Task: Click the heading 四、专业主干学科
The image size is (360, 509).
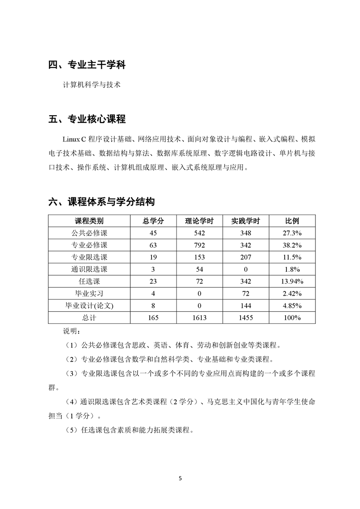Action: [x=87, y=65]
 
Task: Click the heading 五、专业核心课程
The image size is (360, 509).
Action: [x=87, y=119]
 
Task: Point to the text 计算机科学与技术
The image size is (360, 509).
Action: [x=92, y=85]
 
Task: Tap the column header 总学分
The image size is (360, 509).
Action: [x=153, y=221]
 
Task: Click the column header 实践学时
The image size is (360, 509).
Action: [x=245, y=221]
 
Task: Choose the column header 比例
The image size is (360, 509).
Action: [x=292, y=221]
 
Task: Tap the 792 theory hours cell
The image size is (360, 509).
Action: [x=199, y=245]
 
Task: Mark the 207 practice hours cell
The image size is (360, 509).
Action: [x=245, y=257]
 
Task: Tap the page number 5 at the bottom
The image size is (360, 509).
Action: [x=180, y=478]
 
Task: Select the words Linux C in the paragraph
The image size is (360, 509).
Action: [x=74, y=138]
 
